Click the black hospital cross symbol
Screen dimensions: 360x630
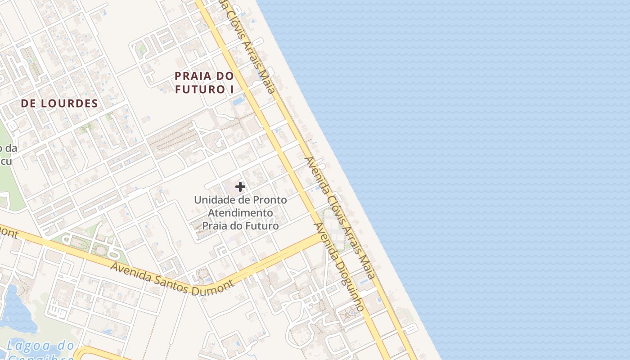click(x=240, y=186)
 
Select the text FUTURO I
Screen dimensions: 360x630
click(x=204, y=89)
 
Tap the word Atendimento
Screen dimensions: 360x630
click(x=240, y=212)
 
